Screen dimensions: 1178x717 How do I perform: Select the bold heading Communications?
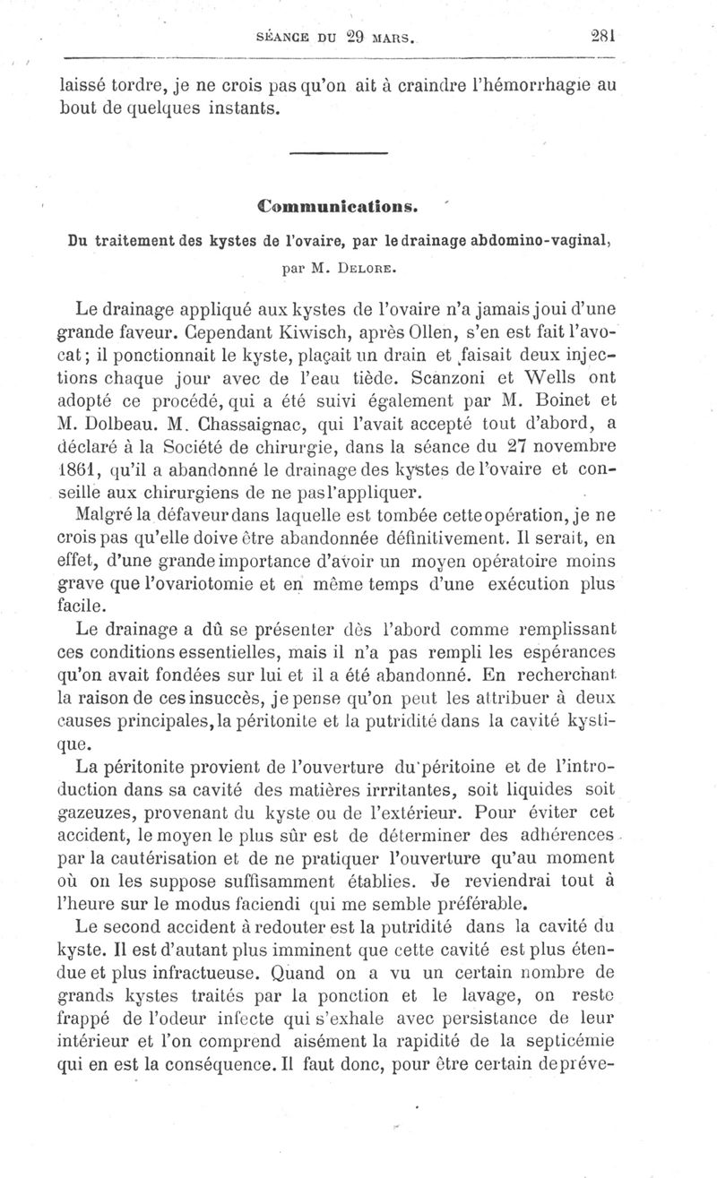tap(338, 206)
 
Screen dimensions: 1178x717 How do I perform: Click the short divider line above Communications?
tap(338, 158)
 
